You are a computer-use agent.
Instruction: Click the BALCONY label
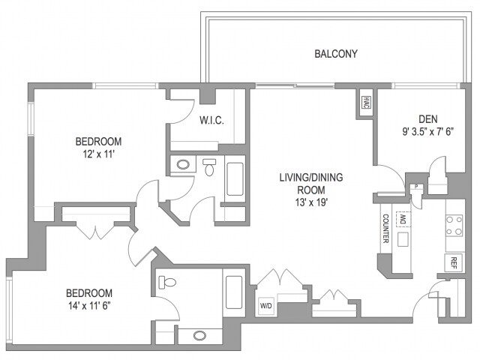pos(335,54)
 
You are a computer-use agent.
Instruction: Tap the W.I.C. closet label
pos(211,121)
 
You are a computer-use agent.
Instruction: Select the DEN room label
pos(428,118)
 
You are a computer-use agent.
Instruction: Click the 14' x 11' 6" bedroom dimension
pos(90,305)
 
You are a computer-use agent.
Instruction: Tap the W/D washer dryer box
pos(266,306)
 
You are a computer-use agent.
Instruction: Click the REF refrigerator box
pos(453,262)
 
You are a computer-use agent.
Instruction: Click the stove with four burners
pos(454,226)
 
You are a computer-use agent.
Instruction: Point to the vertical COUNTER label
pos(384,229)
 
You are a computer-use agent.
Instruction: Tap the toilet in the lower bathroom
pos(167,283)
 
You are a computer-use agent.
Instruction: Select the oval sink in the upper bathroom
pos(183,164)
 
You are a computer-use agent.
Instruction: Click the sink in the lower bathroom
pos(199,335)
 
